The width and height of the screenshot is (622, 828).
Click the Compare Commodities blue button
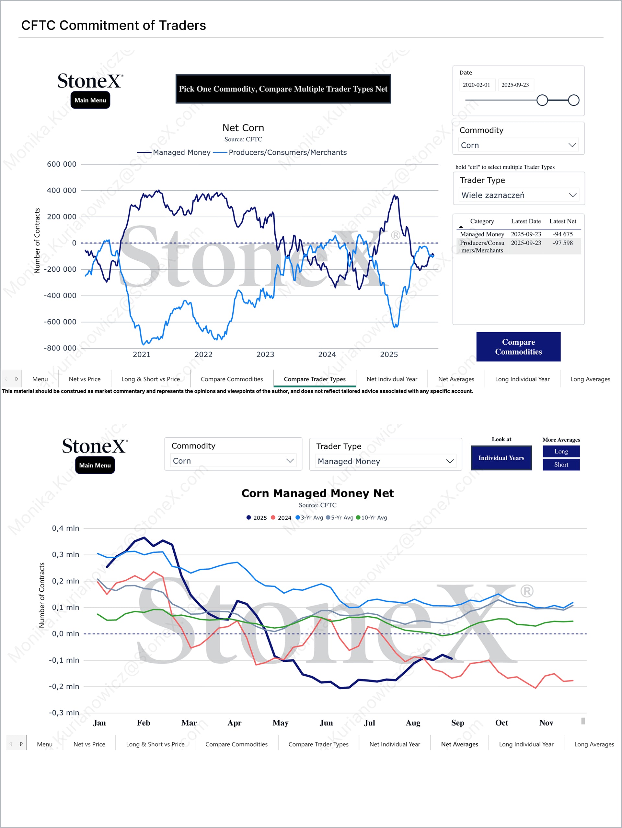[518, 347]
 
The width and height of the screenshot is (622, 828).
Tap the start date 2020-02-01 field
[476, 85]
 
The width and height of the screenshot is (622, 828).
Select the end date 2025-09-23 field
[515, 85]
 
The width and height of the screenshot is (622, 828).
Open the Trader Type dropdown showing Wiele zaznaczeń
[518, 195]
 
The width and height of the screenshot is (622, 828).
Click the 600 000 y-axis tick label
[61, 164]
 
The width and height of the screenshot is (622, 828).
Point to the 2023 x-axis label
[265, 354]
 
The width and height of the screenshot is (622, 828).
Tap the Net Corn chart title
[243, 128]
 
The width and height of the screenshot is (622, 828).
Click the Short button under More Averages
[561, 465]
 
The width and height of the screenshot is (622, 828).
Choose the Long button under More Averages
[561, 451]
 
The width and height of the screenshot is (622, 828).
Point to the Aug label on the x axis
[413, 723]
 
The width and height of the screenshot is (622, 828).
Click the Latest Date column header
[525, 221]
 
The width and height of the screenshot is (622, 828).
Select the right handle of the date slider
[573, 100]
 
